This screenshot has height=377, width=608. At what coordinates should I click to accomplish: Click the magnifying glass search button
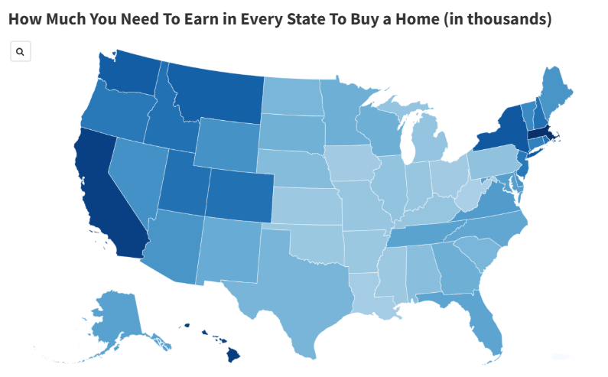20,52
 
